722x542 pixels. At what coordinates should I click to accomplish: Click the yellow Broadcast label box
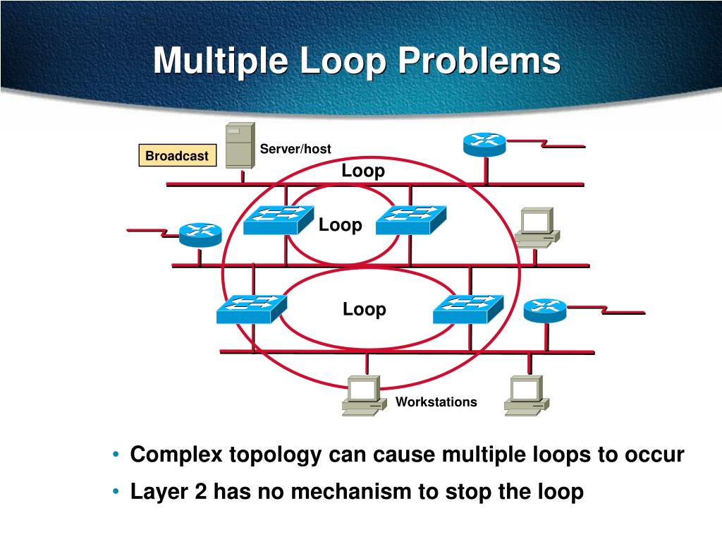[176, 155]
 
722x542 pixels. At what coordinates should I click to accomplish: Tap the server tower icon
[240, 145]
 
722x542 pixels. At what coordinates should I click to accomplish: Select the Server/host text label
[295, 148]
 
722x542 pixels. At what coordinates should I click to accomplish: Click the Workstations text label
[436, 402]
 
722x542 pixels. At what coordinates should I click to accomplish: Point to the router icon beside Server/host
[484, 144]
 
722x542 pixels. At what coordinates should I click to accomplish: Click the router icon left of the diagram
[200, 234]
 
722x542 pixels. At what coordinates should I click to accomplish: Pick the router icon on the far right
[545, 309]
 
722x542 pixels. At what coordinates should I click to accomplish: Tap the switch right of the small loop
[411, 219]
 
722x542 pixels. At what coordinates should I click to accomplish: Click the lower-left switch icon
[251, 308]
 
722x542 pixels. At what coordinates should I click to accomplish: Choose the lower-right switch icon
[468, 308]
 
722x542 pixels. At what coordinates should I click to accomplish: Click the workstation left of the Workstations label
[362, 395]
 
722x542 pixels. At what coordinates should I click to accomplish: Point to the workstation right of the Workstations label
[526, 395]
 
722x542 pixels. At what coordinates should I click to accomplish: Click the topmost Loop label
[363, 171]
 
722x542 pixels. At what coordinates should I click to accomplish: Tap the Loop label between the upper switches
[340, 225]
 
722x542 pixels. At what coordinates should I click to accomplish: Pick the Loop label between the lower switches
[365, 309]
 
